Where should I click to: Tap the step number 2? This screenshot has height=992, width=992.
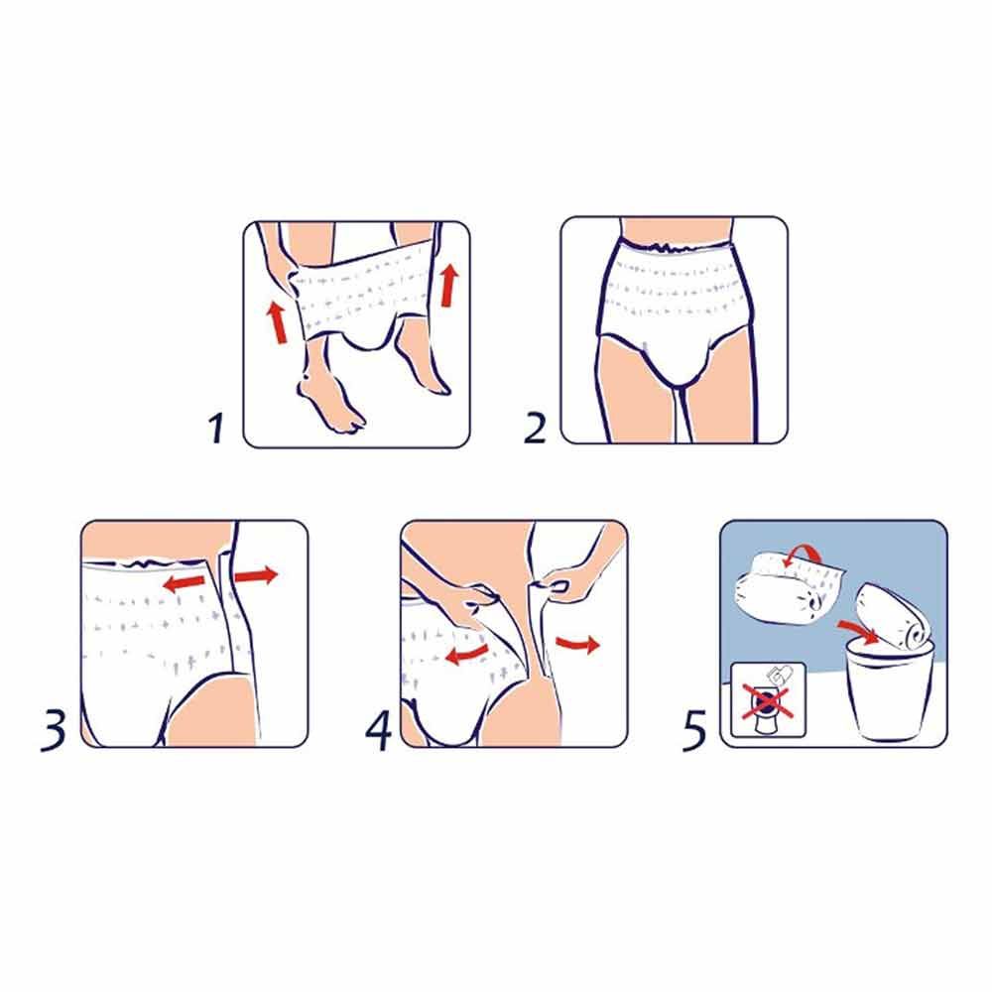[x=535, y=430]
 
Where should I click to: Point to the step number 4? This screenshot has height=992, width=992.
[x=378, y=731]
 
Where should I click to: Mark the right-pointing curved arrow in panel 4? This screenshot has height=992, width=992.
[x=577, y=646]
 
